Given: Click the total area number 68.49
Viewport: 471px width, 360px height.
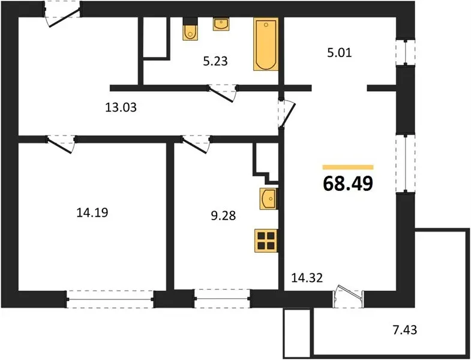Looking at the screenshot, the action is coord(348,184).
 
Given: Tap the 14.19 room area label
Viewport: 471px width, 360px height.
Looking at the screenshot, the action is coord(92,213).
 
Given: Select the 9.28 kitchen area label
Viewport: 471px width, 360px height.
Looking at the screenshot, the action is coord(223,215).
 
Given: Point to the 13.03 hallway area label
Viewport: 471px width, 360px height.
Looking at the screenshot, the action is coord(121,107).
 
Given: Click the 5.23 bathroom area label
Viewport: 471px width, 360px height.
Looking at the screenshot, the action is coord(215,61).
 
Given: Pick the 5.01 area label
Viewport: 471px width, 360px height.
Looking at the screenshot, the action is coord(339,53).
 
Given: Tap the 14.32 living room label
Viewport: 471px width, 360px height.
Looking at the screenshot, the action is coord(307,278).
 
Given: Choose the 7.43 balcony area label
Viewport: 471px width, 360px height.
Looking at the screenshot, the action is coord(404,330).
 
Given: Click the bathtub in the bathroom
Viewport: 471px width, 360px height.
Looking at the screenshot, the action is coord(266,44).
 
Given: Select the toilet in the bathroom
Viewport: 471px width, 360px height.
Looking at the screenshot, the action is coord(190,29).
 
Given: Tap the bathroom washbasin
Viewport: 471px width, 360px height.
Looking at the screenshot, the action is coord(221,24).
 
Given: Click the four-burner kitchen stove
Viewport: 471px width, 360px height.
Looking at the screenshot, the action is coord(266,241).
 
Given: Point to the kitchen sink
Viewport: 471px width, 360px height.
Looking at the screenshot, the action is coord(268,199).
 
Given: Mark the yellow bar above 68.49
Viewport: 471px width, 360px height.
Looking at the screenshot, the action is coord(348,167).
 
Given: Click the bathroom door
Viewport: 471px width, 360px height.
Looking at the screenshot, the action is coord(223,92).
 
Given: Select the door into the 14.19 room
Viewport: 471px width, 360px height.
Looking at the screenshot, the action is coord(61,143).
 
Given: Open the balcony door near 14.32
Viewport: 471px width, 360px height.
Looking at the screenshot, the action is coord(348,296).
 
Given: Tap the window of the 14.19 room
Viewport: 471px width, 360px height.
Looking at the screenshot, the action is coord(110,299).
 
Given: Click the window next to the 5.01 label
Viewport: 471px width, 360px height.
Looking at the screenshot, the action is coord(406,52).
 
